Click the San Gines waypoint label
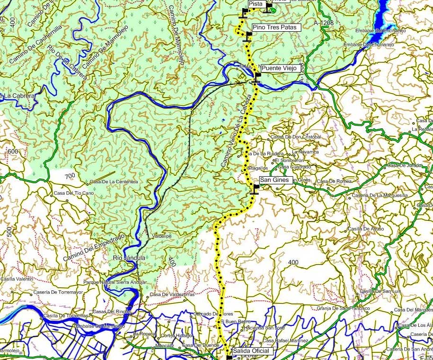(x=274, y=180)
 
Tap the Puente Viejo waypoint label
(x=279, y=68)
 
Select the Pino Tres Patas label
(x=275, y=27)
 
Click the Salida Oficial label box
(x=251, y=351)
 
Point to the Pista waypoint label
(x=255, y=4)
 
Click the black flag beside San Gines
(x=256, y=189)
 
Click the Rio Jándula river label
(x=128, y=258)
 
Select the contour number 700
(x=70, y=176)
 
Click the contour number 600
(x=13, y=152)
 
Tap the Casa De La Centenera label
(x=114, y=182)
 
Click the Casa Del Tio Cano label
(x=74, y=193)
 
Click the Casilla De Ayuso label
(x=366, y=229)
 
